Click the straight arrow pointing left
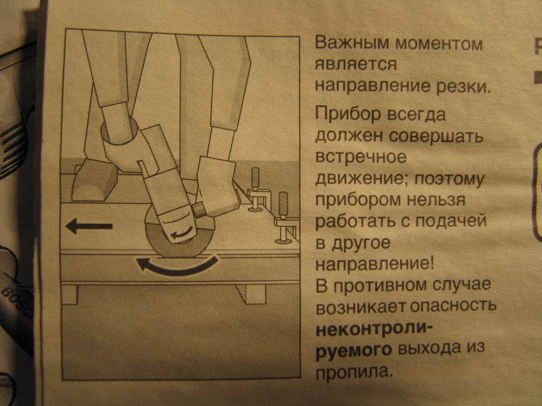[x=89, y=226]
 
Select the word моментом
[x=439, y=44]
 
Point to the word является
[x=356, y=65]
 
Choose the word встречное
[x=361, y=157]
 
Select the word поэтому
[x=449, y=180]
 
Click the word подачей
[x=451, y=222]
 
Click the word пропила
[x=354, y=372]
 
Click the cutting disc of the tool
[x=180, y=231]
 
